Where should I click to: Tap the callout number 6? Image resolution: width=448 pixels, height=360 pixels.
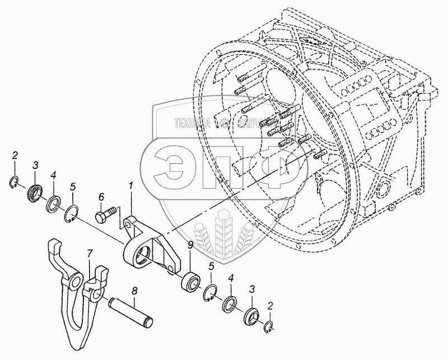[101, 197]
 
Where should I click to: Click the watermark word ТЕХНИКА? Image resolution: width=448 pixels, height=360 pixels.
[193, 123]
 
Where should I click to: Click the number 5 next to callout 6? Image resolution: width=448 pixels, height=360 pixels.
[72, 186]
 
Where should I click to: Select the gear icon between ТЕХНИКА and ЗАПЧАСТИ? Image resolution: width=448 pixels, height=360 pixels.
[223, 123]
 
